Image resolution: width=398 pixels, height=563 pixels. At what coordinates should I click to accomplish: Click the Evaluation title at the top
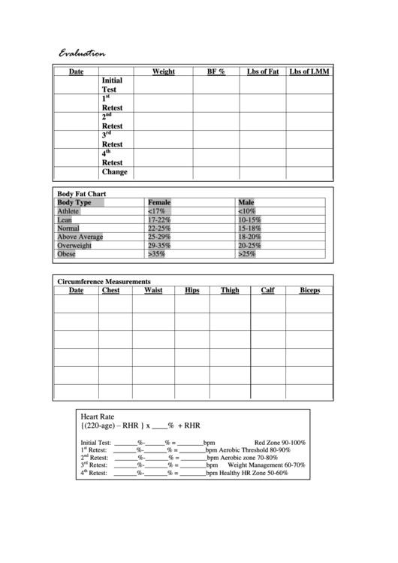coord(83,53)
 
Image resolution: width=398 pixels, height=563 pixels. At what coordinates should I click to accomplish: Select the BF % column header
coord(216,72)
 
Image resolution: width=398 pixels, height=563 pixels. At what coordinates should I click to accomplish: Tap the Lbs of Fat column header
coord(263,72)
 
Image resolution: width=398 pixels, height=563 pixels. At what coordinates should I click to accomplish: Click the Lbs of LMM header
coord(309,72)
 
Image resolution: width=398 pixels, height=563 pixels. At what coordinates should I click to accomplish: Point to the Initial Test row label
coord(112,84)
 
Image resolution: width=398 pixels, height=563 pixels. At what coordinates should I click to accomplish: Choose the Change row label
coord(115,171)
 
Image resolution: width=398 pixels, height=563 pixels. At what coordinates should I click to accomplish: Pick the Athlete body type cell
coord(68,212)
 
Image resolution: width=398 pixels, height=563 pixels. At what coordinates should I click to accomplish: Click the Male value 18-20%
coord(249,237)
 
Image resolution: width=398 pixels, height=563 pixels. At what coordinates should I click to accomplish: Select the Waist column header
coord(153,289)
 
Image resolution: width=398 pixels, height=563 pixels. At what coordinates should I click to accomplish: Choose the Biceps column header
coord(309,289)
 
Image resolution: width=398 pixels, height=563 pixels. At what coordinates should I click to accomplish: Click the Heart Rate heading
coord(97,415)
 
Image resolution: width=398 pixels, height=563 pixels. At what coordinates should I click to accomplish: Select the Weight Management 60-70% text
coord(266,465)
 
